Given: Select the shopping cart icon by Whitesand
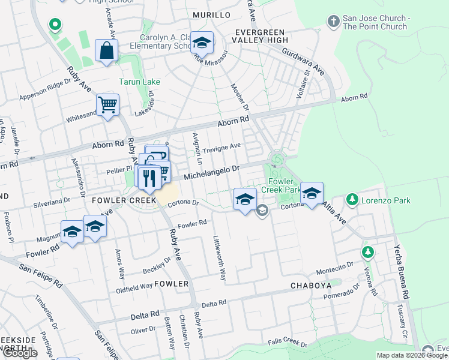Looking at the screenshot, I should [x=108, y=105].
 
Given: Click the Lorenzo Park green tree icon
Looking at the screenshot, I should [x=352, y=200].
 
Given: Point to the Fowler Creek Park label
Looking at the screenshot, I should [x=281, y=185].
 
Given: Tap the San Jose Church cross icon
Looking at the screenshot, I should [x=333, y=22].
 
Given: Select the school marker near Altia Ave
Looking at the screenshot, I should [x=312, y=194].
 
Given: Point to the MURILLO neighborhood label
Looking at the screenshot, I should [x=211, y=14].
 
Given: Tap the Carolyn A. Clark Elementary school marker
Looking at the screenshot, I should [x=203, y=43].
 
